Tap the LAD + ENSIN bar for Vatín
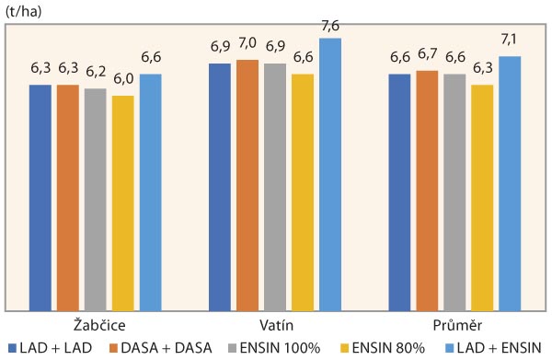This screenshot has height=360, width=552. (330, 174)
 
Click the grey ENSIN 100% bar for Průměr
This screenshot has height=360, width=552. (455, 192)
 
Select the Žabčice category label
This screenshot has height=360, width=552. (96, 326)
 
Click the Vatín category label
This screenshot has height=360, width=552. (275, 326)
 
